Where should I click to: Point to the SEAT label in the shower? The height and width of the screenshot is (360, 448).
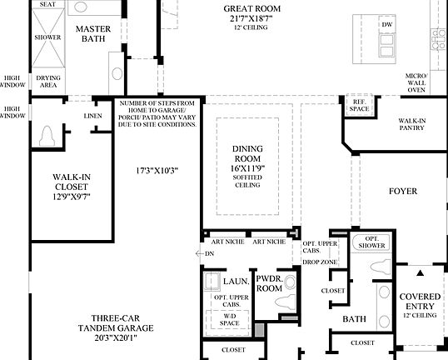[x=47, y=4]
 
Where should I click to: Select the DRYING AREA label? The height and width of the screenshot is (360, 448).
[x=48, y=82]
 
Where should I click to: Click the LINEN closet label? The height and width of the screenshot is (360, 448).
[x=93, y=116]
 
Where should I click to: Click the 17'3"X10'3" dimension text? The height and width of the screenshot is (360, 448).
[x=158, y=171]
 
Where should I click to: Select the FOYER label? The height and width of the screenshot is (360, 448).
[x=403, y=192]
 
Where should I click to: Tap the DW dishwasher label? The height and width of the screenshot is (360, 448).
[x=386, y=25]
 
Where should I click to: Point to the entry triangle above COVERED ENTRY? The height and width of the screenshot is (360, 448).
[x=420, y=272]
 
